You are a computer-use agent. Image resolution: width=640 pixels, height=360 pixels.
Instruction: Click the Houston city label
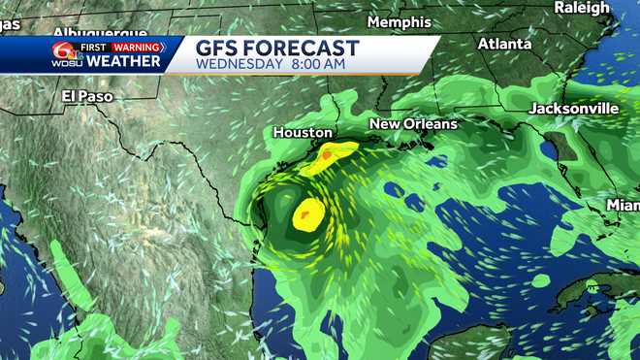303,132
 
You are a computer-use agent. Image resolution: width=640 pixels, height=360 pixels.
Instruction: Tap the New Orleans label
413,124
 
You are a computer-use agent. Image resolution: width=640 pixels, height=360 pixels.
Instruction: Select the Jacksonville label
573,109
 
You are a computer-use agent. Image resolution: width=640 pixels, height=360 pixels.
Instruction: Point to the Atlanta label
504,44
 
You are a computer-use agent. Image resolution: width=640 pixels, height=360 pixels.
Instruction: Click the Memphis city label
400,21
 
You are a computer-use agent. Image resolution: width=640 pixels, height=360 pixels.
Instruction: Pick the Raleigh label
582,8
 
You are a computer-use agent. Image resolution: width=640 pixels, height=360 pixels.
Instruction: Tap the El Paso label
81,96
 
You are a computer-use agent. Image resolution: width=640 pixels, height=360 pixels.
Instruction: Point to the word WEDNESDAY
238,64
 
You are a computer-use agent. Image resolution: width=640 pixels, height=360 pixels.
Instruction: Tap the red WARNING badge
136,45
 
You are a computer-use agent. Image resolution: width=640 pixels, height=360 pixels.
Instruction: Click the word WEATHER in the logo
124,61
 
